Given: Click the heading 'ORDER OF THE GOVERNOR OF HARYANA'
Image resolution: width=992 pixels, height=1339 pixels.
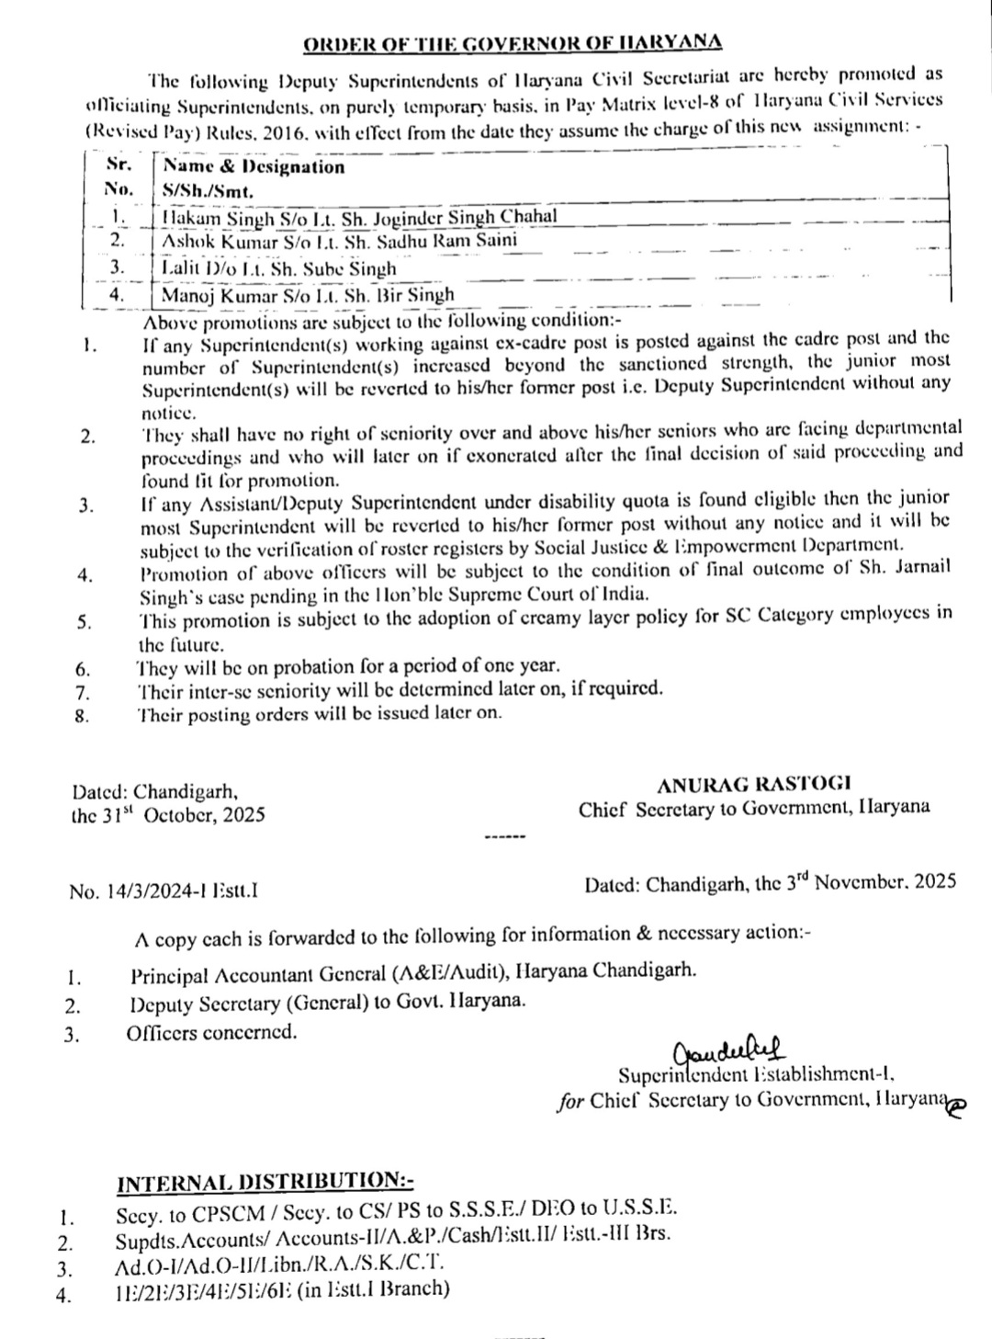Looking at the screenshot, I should pos(513,43).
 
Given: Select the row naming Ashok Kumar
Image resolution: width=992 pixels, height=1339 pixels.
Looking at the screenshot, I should pos(339,241).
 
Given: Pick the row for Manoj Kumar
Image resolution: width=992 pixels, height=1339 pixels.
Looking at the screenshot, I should pos(308,295).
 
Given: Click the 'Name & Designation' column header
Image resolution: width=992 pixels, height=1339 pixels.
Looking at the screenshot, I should pos(254,166).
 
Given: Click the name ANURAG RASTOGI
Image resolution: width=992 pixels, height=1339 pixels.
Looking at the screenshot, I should pos(753,784).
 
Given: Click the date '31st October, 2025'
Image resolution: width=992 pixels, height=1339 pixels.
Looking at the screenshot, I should pos(168,814).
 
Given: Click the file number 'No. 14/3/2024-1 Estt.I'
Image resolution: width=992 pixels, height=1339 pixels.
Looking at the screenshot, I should pos(163,890).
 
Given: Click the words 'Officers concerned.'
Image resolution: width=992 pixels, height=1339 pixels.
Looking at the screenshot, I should pos(212,1032).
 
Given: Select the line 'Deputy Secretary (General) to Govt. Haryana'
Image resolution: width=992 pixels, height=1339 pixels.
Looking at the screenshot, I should pos(329,1002).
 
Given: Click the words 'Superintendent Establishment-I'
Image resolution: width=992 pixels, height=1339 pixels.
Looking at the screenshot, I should pos(756,1073).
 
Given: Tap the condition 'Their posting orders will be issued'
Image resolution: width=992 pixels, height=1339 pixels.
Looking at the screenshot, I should pos(319,712).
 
